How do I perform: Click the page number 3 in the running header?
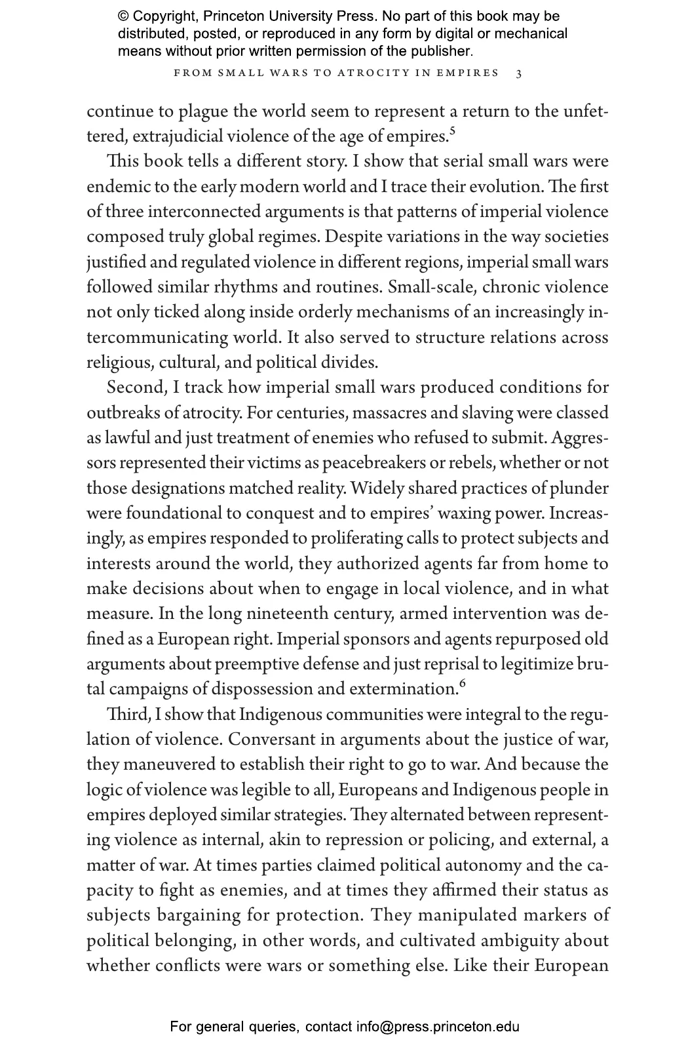pos(519,73)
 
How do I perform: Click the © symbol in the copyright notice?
pos(123,16)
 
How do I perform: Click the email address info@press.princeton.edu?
pos(438,1027)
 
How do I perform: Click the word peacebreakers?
pos(374,464)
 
